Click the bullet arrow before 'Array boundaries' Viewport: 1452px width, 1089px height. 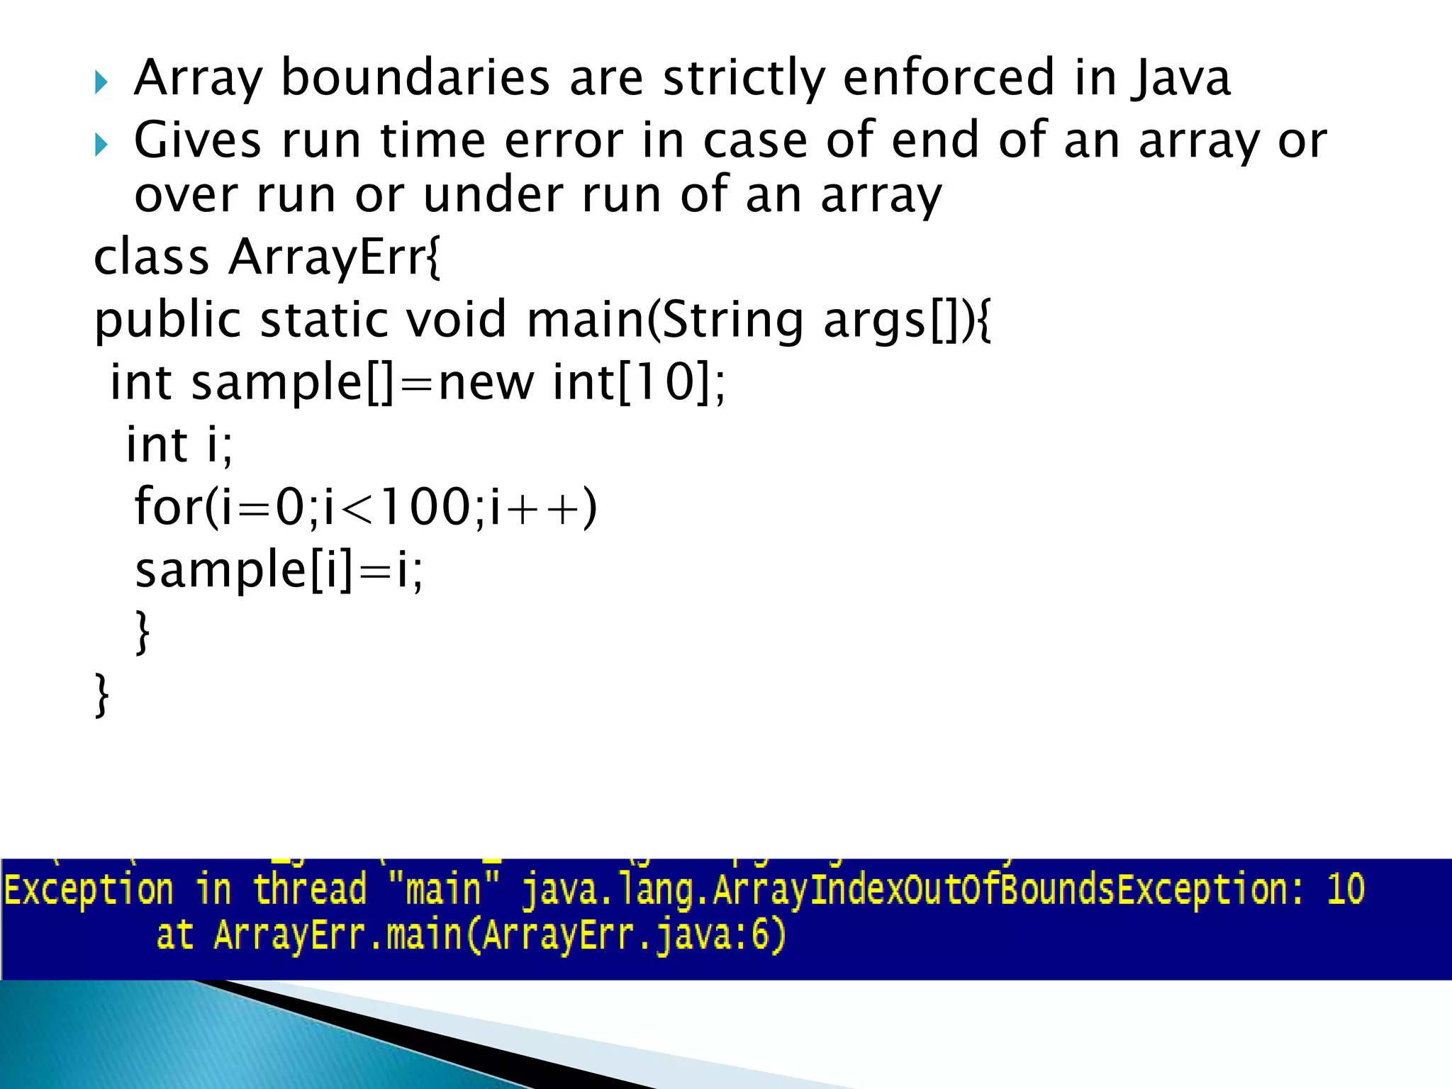101,84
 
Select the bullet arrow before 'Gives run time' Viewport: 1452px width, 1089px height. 101,145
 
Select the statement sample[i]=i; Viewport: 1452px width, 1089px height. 279,569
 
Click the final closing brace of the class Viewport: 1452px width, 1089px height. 102,695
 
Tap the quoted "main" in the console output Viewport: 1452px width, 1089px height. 442,890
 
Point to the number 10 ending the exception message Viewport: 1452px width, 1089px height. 1345,890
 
